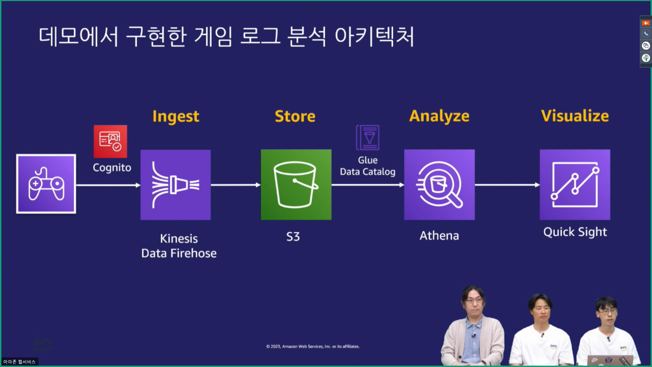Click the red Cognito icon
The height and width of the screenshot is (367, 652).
(x=110, y=141)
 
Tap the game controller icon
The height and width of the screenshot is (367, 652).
(x=46, y=184)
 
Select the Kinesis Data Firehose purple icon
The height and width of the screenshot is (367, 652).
(x=176, y=185)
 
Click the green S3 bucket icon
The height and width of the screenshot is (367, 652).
(x=296, y=185)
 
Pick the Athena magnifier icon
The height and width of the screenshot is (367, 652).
(x=439, y=185)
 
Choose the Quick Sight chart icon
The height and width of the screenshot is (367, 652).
(x=575, y=185)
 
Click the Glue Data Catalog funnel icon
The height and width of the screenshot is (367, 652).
(x=368, y=138)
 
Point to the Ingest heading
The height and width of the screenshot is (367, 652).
(x=176, y=117)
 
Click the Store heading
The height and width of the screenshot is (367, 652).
(x=295, y=116)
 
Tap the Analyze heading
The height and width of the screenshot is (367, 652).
(x=439, y=116)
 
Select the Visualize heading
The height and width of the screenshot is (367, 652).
(x=575, y=116)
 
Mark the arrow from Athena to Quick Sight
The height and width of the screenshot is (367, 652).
(x=507, y=185)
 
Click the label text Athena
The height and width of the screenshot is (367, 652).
(x=439, y=235)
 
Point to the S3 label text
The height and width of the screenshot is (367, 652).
(x=293, y=237)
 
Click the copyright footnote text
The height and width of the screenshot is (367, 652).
(x=313, y=346)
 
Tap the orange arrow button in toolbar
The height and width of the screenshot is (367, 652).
(x=646, y=23)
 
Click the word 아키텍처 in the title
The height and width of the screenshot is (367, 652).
(x=374, y=36)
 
